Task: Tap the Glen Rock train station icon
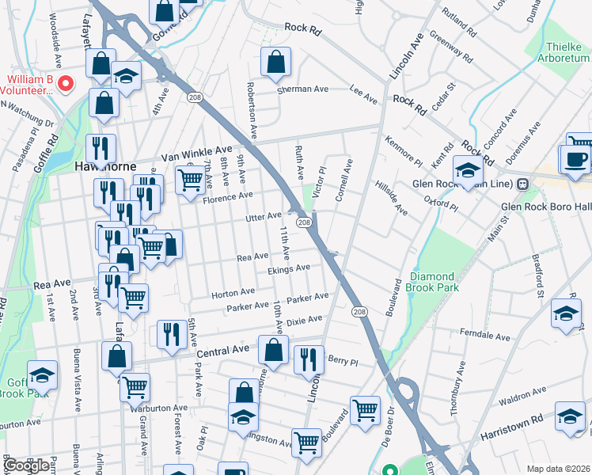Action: tap(522, 184)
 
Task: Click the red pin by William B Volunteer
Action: tap(66, 82)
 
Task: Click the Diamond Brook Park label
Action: tap(435, 282)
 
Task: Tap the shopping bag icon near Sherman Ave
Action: tap(275, 63)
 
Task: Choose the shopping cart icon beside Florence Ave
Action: tap(190, 181)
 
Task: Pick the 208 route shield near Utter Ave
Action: tap(303, 223)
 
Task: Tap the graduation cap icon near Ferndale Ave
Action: tap(567, 313)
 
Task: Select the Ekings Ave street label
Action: tap(288, 269)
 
